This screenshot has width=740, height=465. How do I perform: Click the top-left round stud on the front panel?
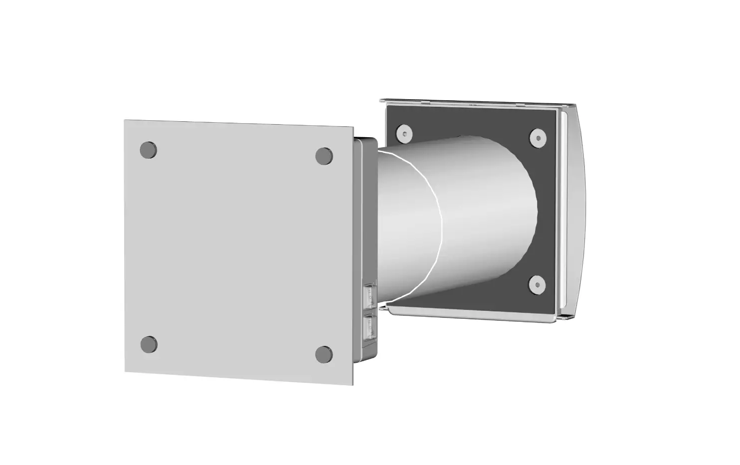click(x=148, y=150)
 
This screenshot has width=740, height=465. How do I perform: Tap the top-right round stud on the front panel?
click(x=324, y=156)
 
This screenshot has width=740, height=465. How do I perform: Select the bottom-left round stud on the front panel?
click(x=149, y=344)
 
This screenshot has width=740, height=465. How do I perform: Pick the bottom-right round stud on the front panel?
click(x=324, y=354)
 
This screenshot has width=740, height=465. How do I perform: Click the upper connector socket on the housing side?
click(x=370, y=296)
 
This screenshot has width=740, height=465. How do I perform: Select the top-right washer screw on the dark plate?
click(x=538, y=138)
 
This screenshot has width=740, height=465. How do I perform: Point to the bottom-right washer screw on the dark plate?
click(x=537, y=285)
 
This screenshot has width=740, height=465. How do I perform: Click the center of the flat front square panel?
click(x=239, y=249)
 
